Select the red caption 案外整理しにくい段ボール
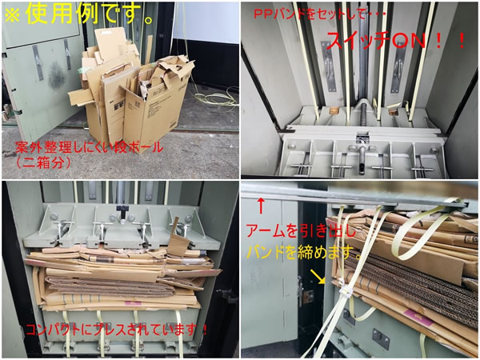pyautogui.click(x=89, y=147)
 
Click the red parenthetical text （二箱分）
pyautogui.click(x=43, y=162)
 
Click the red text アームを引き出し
pyautogui.click(x=302, y=231)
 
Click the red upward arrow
pyautogui.click(x=261, y=206)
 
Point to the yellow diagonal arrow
pyautogui.click(x=318, y=276)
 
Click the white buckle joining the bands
pyautogui.click(x=346, y=291)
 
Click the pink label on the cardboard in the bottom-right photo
pyautogui.click(x=419, y=319)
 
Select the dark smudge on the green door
pyautogui.click(x=56, y=76)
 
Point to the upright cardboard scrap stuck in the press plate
pyautogui.click(x=178, y=238)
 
